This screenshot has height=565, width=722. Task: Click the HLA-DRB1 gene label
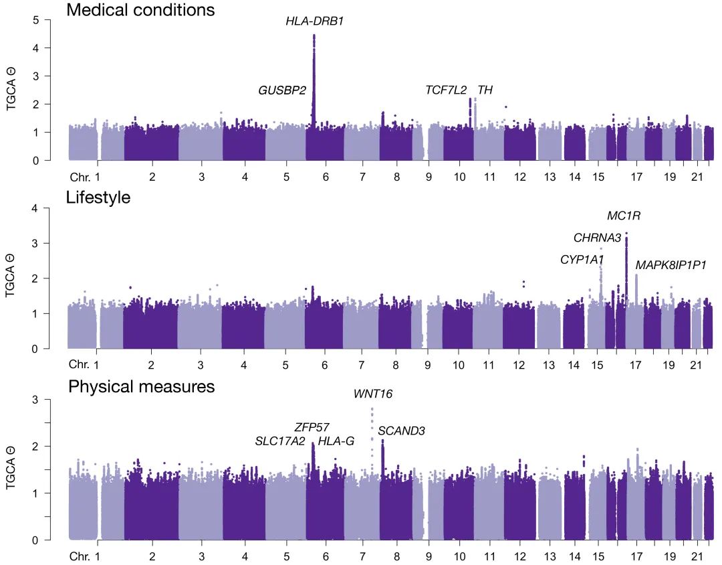[x=315, y=21]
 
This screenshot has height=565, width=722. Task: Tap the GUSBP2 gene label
[x=282, y=90]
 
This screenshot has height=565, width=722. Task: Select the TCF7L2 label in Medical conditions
[x=446, y=90]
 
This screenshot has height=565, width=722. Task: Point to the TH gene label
[x=485, y=90]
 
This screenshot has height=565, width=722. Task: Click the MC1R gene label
[x=624, y=216]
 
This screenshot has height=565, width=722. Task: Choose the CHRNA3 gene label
[x=598, y=238]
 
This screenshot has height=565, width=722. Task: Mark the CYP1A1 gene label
[x=582, y=260]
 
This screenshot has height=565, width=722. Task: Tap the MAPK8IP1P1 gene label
[x=671, y=265]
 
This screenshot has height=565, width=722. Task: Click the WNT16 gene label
[x=373, y=394]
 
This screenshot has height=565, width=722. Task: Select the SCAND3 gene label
[x=402, y=431]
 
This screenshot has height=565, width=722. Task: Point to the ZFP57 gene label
[x=312, y=427]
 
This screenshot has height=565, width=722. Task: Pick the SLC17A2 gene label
[x=280, y=441]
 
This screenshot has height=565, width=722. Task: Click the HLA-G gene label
[x=336, y=441]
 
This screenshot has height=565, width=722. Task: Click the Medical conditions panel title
[x=140, y=10]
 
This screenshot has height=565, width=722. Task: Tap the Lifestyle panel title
[x=98, y=197]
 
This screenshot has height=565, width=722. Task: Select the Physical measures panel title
[x=141, y=387]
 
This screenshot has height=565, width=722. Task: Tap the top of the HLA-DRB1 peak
[x=314, y=35]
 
